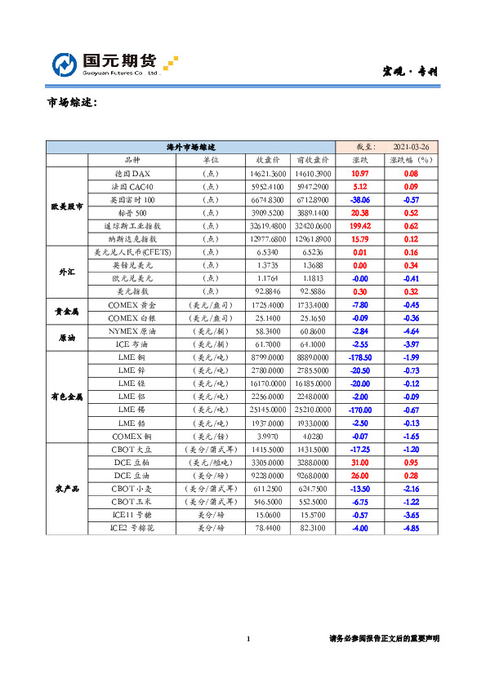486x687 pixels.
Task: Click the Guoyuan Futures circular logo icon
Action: [x=66, y=64]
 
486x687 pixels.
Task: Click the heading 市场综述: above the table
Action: [x=73, y=104]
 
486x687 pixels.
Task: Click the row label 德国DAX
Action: [x=132, y=174]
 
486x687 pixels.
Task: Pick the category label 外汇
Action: [x=66, y=271]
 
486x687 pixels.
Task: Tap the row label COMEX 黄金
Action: [x=132, y=304]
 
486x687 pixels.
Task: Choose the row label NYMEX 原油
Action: [x=132, y=332]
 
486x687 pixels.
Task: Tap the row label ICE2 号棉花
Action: [x=132, y=528]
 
